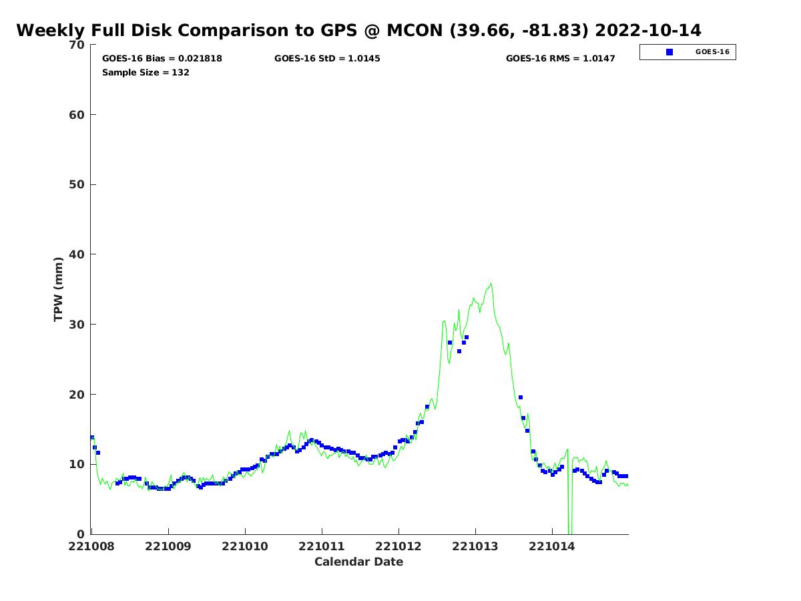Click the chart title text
pyautogui.click(x=358, y=30)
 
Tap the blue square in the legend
pyautogui.click(x=670, y=52)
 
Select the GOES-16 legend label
pyautogui.click(x=712, y=52)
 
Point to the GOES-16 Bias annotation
pyautogui.click(x=162, y=58)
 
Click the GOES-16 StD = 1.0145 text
pyautogui.click(x=327, y=58)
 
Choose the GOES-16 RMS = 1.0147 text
pyautogui.click(x=560, y=58)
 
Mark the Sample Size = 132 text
pyautogui.click(x=146, y=72)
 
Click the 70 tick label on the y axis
pyautogui.click(x=77, y=45)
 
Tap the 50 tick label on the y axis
pyautogui.click(x=77, y=185)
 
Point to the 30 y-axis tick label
pyautogui.click(x=77, y=325)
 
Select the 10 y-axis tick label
pyautogui.click(x=77, y=464)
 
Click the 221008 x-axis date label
pyautogui.click(x=91, y=547)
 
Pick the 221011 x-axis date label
pyautogui.click(x=322, y=547)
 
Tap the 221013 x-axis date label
pyautogui.click(x=475, y=547)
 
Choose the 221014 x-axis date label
pyautogui.click(x=552, y=547)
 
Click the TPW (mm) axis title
pyautogui.click(x=58, y=289)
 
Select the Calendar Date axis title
pyautogui.click(x=358, y=562)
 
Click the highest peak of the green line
pyautogui.click(x=491, y=284)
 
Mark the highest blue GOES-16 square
pyautogui.click(x=467, y=337)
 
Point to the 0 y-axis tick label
pyautogui.click(x=81, y=534)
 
